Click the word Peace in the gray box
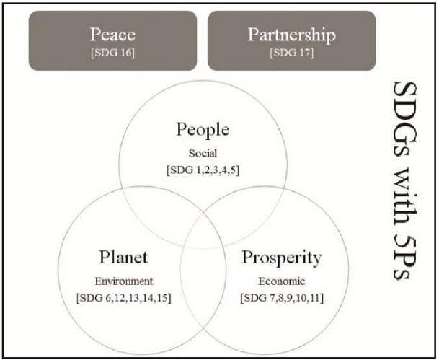(112, 35)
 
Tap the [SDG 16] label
(112, 53)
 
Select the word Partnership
(291, 35)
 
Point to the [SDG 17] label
(291, 53)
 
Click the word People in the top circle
(203, 130)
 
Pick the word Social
(203, 153)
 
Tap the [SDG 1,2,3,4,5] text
(203, 170)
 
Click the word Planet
(123, 257)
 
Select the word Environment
(124, 281)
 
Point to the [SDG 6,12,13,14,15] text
(124, 298)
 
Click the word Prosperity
(282, 258)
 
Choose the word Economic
(282, 281)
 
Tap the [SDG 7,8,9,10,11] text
(282, 298)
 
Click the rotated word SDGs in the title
(405, 118)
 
